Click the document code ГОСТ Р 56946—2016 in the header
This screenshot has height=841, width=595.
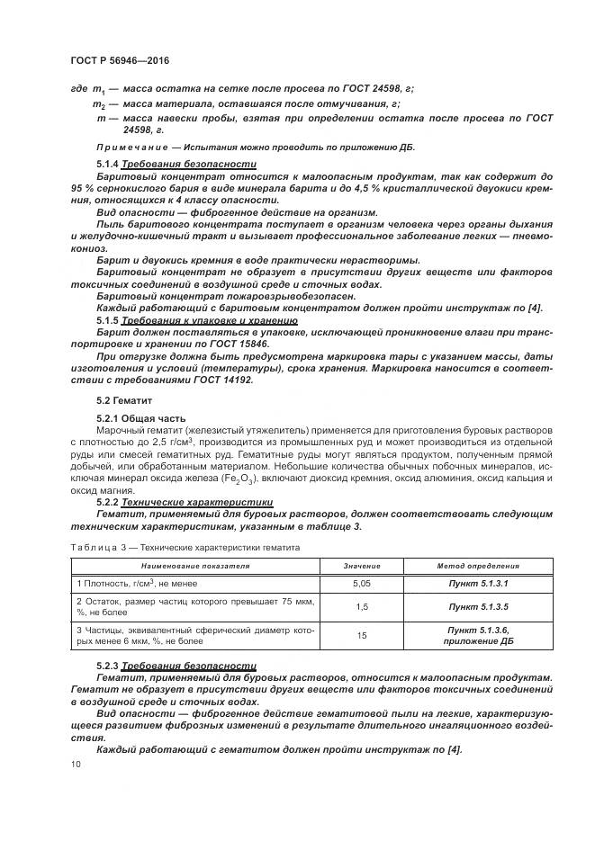119,60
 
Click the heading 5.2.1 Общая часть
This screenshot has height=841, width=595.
140,418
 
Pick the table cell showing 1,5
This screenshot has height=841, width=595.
362,606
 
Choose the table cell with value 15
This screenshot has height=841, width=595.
362,635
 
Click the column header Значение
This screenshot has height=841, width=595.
362,566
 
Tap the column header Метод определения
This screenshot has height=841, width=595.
478,566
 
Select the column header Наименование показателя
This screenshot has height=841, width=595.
194,566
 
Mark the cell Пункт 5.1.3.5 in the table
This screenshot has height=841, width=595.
478,606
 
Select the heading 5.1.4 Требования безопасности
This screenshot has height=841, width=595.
176,165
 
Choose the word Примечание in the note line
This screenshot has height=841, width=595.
132,148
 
